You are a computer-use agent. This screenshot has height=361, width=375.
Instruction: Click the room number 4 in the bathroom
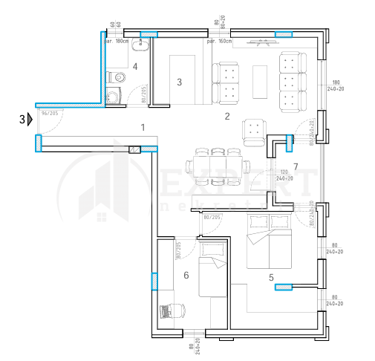coord(135,67)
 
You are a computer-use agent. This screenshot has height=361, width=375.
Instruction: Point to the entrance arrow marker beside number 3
coord(30,119)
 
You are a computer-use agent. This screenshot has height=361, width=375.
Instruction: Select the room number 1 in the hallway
coord(142,127)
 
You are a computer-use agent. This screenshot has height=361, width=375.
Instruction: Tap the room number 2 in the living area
coord(227,116)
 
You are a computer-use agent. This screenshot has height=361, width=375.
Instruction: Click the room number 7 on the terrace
coord(295,166)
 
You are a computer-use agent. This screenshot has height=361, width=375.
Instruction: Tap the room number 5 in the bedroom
coord(271,278)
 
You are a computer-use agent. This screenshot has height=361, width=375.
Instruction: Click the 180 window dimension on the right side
coord(336,82)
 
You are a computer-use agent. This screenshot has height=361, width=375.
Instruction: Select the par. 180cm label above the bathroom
coord(118,42)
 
